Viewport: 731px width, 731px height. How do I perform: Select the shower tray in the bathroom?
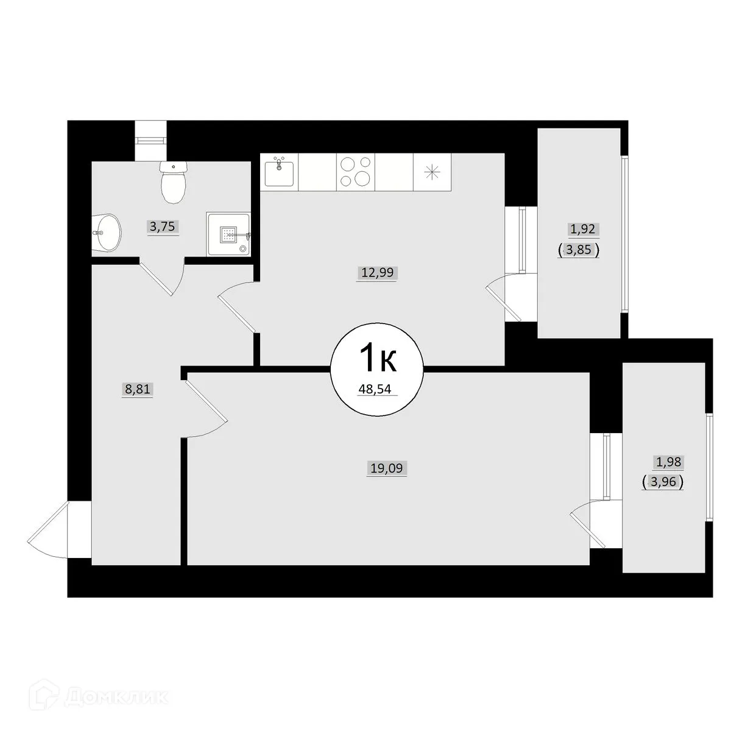228,234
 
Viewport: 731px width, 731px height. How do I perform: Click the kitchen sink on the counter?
279,172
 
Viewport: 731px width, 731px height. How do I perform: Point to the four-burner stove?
355,172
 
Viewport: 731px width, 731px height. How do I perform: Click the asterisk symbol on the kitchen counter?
432,172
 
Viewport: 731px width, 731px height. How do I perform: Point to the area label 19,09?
386,468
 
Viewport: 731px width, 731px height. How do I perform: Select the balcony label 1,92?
582,230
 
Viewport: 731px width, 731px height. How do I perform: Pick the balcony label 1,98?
668,463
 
